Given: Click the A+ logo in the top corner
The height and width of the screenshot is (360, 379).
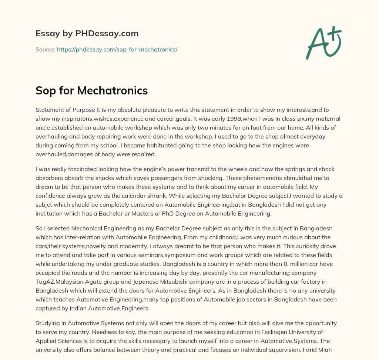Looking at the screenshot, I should (x=324, y=43).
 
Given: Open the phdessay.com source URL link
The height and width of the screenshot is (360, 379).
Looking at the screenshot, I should (x=117, y=49).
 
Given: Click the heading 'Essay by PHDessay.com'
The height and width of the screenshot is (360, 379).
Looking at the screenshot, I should (x=87, y=34).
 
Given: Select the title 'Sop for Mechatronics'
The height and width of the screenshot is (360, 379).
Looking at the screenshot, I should (x=91, y=91).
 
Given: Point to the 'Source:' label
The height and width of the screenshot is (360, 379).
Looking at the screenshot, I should (x=45, y=49).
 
